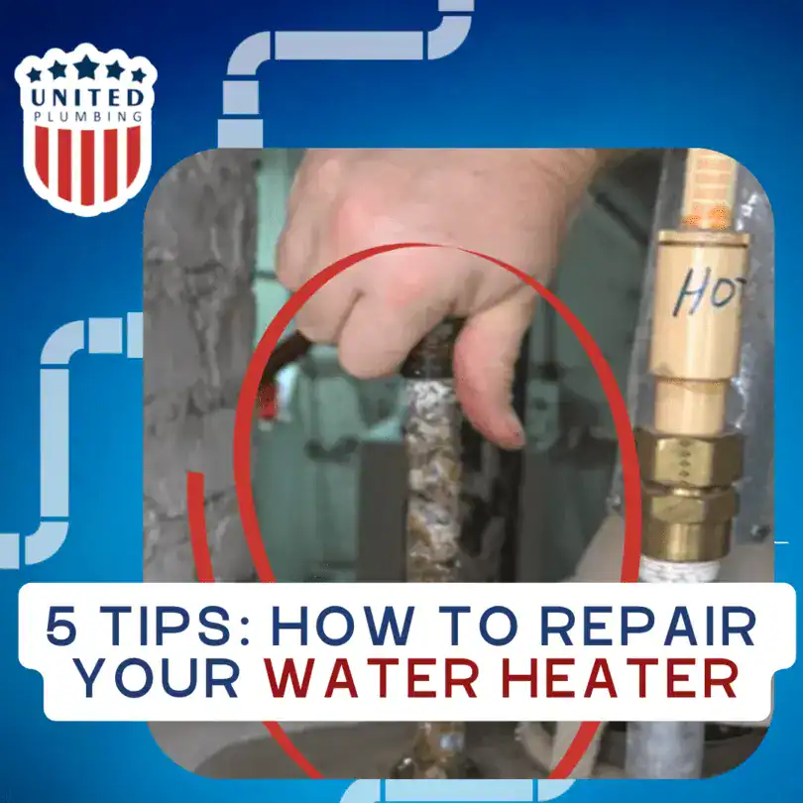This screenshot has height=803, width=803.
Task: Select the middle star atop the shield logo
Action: click(x=84, y=65)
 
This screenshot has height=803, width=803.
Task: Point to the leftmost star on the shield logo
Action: click(x=35, y=75)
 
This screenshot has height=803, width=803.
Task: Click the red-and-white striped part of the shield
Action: click(x=83, y=164)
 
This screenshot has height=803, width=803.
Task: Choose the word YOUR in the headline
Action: click(x=158, y=679)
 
